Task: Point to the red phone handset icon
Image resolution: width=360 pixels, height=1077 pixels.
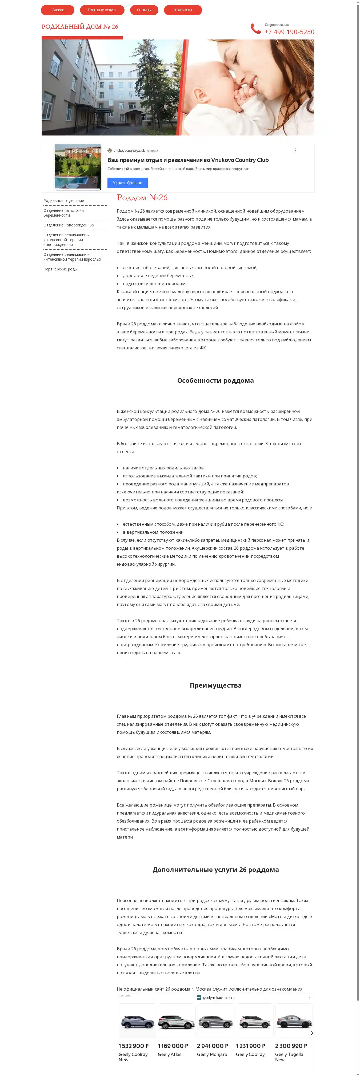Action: coord(255,29)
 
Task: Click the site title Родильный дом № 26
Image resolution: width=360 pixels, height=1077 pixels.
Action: coord(79,27)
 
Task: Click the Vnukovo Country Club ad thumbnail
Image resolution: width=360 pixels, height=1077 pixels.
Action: coord(78,167)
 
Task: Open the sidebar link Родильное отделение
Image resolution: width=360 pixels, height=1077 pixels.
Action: coord(63,201)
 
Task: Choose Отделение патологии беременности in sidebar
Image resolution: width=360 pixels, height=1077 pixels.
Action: coord(63,213)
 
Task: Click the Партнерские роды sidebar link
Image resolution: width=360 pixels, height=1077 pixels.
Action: coord(60,269)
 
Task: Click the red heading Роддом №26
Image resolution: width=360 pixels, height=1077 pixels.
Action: coord(142,198)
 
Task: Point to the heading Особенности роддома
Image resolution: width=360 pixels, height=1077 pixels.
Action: coord(215,380)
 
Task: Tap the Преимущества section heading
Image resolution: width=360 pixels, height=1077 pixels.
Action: coord(215,685)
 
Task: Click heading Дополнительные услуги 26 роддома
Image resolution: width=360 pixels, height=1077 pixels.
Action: coord(215,869)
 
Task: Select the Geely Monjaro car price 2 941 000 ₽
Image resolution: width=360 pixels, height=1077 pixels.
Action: coord(213,1046)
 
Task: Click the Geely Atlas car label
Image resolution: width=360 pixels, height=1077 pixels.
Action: coord(169,1054)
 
